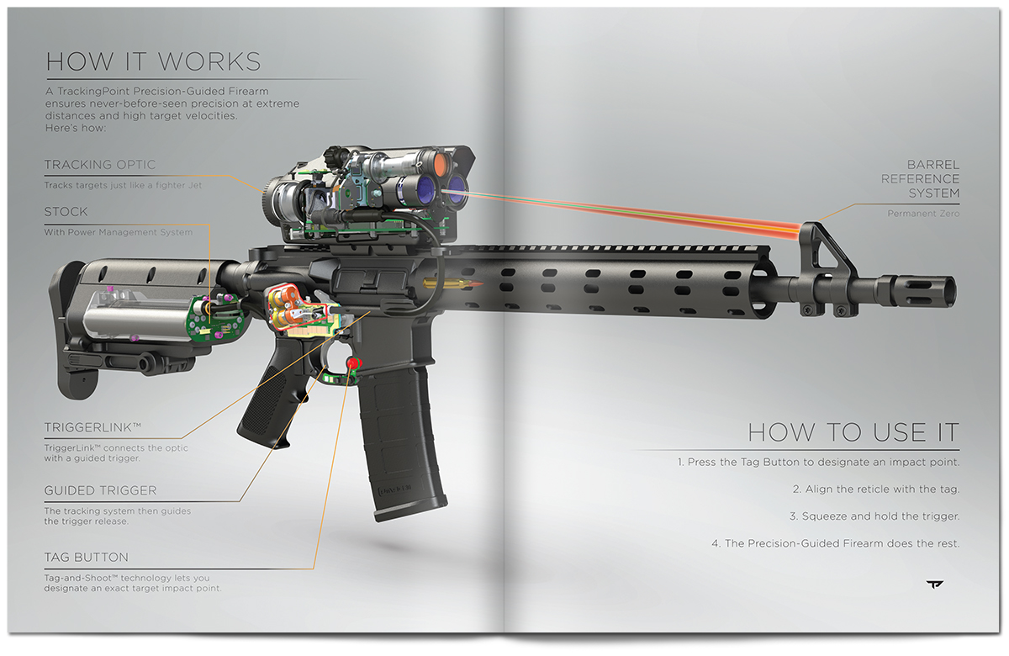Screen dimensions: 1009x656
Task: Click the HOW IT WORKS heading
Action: click(x=154, y=61)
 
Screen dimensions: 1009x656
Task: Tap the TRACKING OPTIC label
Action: click(x=100, y=165)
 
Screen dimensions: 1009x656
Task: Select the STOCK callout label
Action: click(x=66, y=212)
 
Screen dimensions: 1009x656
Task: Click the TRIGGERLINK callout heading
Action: click(x=92, y=427)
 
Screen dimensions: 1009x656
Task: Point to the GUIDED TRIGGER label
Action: click(x=100, y=490)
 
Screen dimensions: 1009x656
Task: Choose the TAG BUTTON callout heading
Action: click(x=86, y=558)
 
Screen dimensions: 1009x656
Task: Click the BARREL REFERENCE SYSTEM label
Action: click(x=920, y=179)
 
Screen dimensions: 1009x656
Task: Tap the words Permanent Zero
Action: click(x=923, y=214)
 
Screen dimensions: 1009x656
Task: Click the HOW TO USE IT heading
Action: click(x=853, y=432)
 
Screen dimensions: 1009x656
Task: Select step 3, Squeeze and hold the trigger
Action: click(x=874, y=516)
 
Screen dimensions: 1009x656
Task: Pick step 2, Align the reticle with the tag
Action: click(x=876, y=489)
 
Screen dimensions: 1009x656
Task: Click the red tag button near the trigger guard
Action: click(x=354, y=362)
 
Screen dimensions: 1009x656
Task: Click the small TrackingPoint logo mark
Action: click(x=935, y=585)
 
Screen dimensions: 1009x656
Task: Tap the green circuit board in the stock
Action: click(x=215, y=319)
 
